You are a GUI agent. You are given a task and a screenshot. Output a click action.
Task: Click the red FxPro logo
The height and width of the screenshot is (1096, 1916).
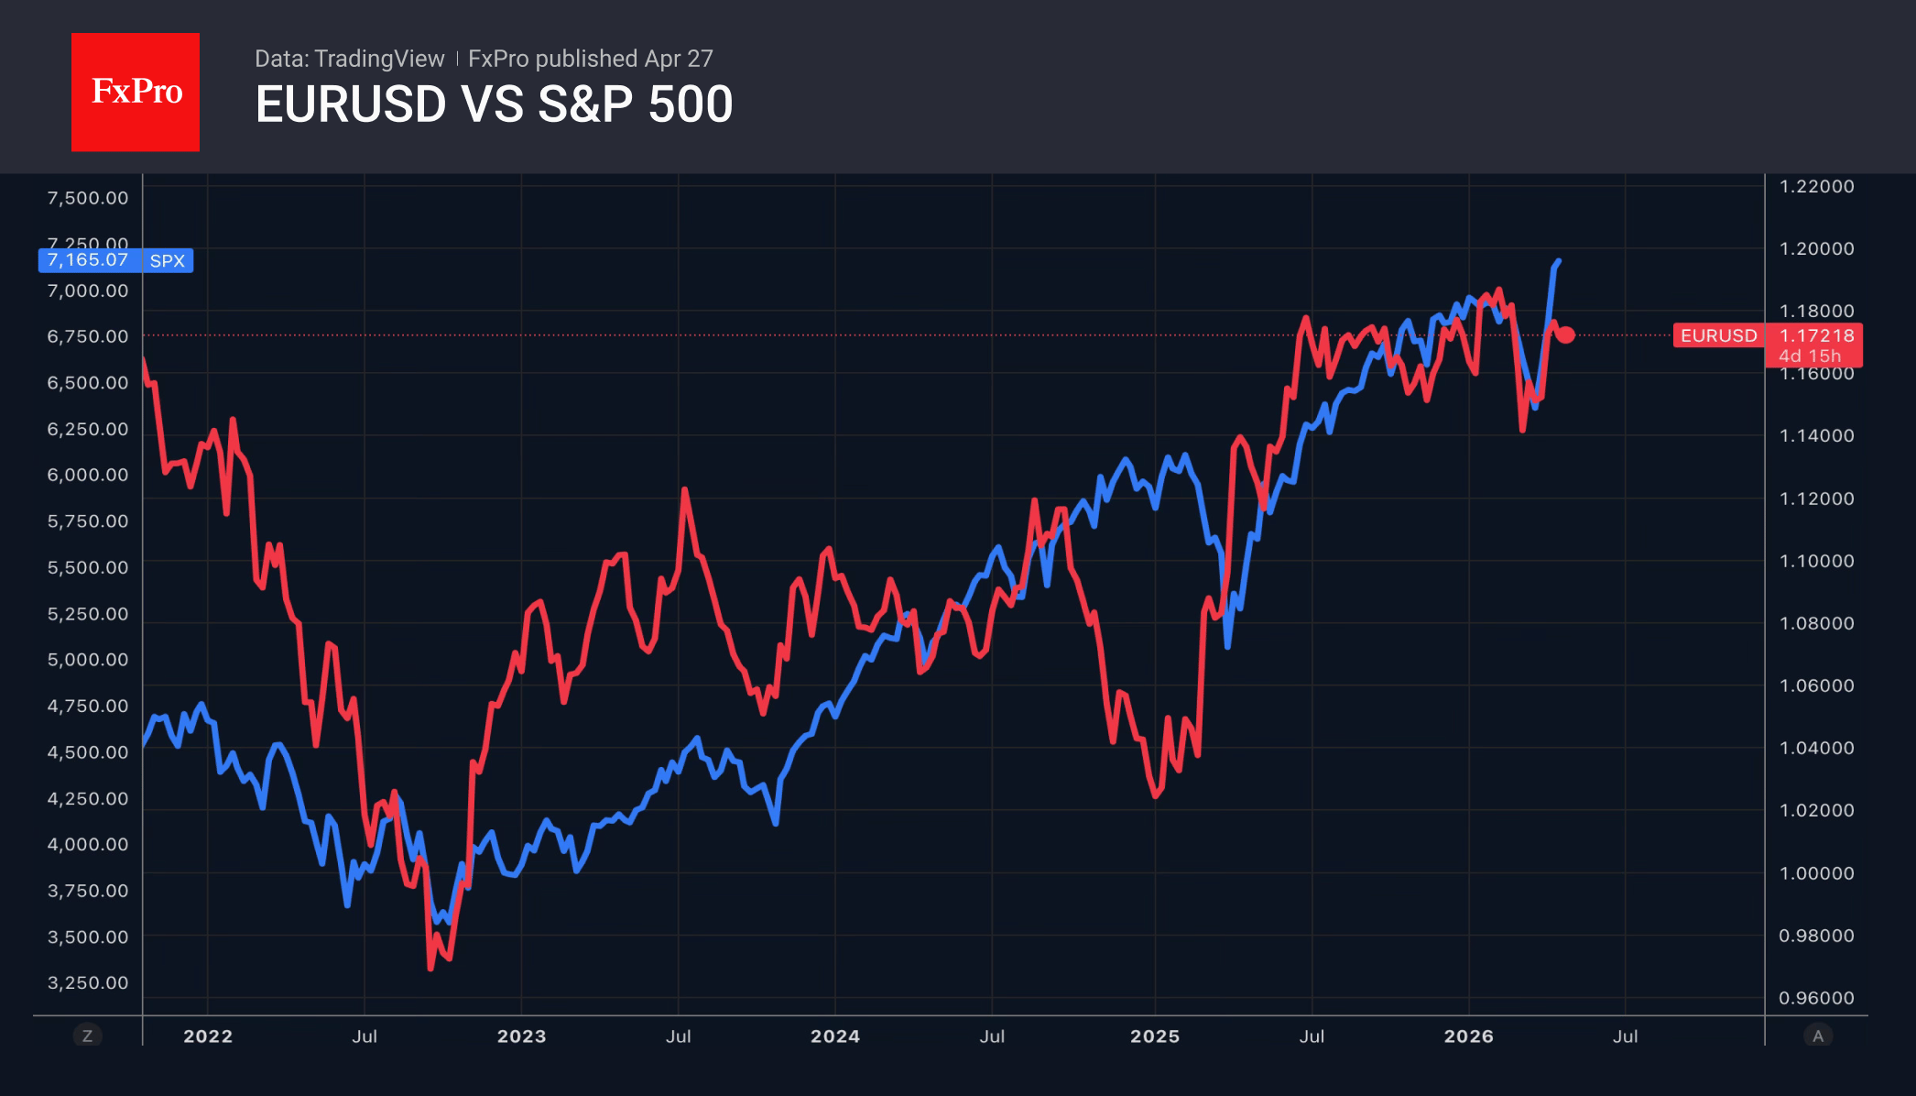click(136, 92)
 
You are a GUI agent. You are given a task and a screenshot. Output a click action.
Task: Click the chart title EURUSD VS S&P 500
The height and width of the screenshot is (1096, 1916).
click(494, 104)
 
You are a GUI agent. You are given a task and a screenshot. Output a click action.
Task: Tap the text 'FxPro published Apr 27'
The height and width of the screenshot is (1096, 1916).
click(590, 59)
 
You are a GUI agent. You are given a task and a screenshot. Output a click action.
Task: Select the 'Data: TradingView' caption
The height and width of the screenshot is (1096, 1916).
click(349, 59)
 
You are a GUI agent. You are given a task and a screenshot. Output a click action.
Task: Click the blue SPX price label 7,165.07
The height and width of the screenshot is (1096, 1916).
click(89, 260)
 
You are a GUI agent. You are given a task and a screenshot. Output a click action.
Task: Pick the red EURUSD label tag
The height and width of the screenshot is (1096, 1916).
click(1718, 335)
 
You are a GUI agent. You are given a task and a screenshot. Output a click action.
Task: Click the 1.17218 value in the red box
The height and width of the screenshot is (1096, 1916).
click(1815, 335)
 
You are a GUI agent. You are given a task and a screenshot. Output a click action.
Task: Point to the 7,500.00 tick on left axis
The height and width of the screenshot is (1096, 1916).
click(88, 198)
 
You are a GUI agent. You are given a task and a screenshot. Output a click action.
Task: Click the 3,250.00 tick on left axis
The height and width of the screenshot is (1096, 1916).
click(88, 982)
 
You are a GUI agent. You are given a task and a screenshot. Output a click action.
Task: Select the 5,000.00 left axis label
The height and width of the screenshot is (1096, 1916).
click(88, 660)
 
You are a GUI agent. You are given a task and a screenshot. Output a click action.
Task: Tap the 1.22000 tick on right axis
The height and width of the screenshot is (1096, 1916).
click(1815, 186)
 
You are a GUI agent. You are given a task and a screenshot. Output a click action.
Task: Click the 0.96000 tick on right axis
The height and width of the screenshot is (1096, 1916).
click(1815, 998)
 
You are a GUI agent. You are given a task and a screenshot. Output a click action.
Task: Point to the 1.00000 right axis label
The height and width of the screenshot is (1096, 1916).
click(1815, 873)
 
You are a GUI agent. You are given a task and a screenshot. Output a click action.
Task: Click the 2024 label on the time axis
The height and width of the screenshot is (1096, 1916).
click(834, 1036)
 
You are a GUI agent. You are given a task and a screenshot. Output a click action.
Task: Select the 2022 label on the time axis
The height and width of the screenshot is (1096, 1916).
click(208, 1036)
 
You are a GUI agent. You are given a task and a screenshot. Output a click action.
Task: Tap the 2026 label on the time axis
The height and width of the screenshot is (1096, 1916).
click(1468, 1036)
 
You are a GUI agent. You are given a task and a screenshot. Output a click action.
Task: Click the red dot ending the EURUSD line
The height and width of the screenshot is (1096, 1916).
click(1566, 335)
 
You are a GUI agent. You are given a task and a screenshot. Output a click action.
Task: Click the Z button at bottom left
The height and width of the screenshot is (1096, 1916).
click(88, 1036)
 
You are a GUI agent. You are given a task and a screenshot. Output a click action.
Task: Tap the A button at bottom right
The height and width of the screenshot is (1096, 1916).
click(1817, 1036)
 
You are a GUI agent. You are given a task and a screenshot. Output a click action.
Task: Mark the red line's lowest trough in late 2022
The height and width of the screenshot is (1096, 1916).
click(430, 967)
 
